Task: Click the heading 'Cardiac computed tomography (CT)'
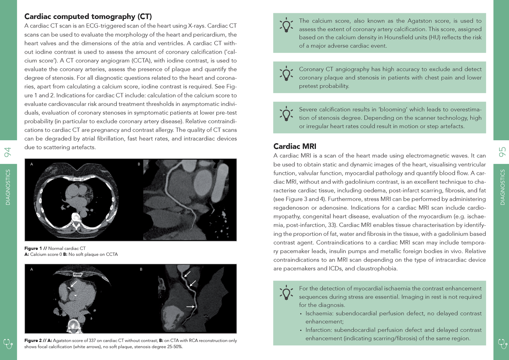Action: click(88, 16)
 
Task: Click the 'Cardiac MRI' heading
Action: click(295, 146)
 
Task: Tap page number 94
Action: click(7, 152)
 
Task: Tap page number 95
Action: click(502, 152)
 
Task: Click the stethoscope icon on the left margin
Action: click(8, 343)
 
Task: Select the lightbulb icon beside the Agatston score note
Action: click(286, 25)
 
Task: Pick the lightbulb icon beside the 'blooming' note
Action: click(286, 114)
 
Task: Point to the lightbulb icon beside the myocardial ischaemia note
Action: click(286, 292)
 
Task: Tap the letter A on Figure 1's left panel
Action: click(32, 164)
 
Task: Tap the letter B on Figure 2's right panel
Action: click(141, 269)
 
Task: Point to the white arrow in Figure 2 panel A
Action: click(74, 284)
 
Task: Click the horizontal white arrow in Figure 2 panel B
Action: click(190, 307)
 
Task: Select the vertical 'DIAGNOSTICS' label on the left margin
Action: click(8, 187)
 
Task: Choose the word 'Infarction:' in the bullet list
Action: click(319, 330)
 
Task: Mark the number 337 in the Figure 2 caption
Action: click(92, 341)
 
